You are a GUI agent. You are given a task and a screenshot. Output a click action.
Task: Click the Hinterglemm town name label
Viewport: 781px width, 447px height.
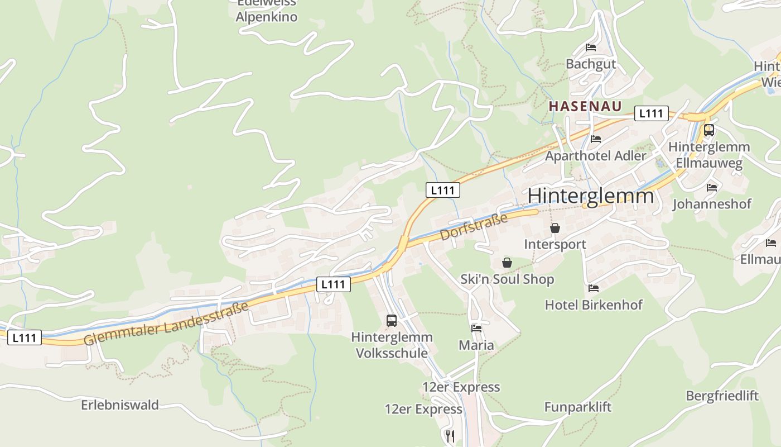click(590, 196)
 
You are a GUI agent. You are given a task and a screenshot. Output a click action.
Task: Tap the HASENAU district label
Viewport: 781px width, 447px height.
click(585, 106)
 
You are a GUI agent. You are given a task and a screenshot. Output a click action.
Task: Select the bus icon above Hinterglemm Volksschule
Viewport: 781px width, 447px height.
click(392, 321)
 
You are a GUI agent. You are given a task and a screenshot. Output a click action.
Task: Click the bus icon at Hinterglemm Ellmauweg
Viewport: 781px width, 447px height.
click(708, 130)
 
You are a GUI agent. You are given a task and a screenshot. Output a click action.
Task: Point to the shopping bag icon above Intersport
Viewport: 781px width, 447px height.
click(555, 228)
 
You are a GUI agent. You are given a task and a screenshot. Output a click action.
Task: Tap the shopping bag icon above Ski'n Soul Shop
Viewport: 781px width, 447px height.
click(507, 263)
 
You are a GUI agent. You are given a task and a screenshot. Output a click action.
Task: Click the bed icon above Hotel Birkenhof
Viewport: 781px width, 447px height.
click(594, 288)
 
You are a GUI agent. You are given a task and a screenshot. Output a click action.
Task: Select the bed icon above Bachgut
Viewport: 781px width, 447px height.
click(591, 47)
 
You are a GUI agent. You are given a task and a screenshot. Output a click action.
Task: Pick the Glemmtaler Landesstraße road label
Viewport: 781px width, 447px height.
click(166, 324)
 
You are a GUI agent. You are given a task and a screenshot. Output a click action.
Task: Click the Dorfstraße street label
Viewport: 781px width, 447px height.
click(474, 226)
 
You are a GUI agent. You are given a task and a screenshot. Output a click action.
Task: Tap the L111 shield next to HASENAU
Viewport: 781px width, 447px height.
click(651, 113)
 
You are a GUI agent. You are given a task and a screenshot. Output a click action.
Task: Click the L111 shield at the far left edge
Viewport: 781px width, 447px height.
click(25, 337)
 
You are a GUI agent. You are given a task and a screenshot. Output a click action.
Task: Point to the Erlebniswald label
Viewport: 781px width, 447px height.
click(120, 405)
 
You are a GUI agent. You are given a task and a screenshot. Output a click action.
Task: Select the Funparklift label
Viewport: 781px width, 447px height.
click(577, 407)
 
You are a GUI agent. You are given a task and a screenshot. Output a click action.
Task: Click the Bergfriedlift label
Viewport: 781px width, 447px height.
click(722, 396)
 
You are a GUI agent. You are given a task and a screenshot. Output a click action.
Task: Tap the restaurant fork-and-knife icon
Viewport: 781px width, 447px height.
click(450, 436)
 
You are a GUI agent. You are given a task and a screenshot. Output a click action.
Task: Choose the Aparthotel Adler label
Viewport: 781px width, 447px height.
click(595, 156)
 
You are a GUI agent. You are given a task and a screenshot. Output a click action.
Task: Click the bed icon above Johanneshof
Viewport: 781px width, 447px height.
click(712, 188)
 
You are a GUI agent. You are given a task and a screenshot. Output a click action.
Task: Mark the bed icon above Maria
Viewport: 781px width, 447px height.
click(476, 329)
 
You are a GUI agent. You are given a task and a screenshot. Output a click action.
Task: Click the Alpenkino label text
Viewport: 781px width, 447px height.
click(266, 17)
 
